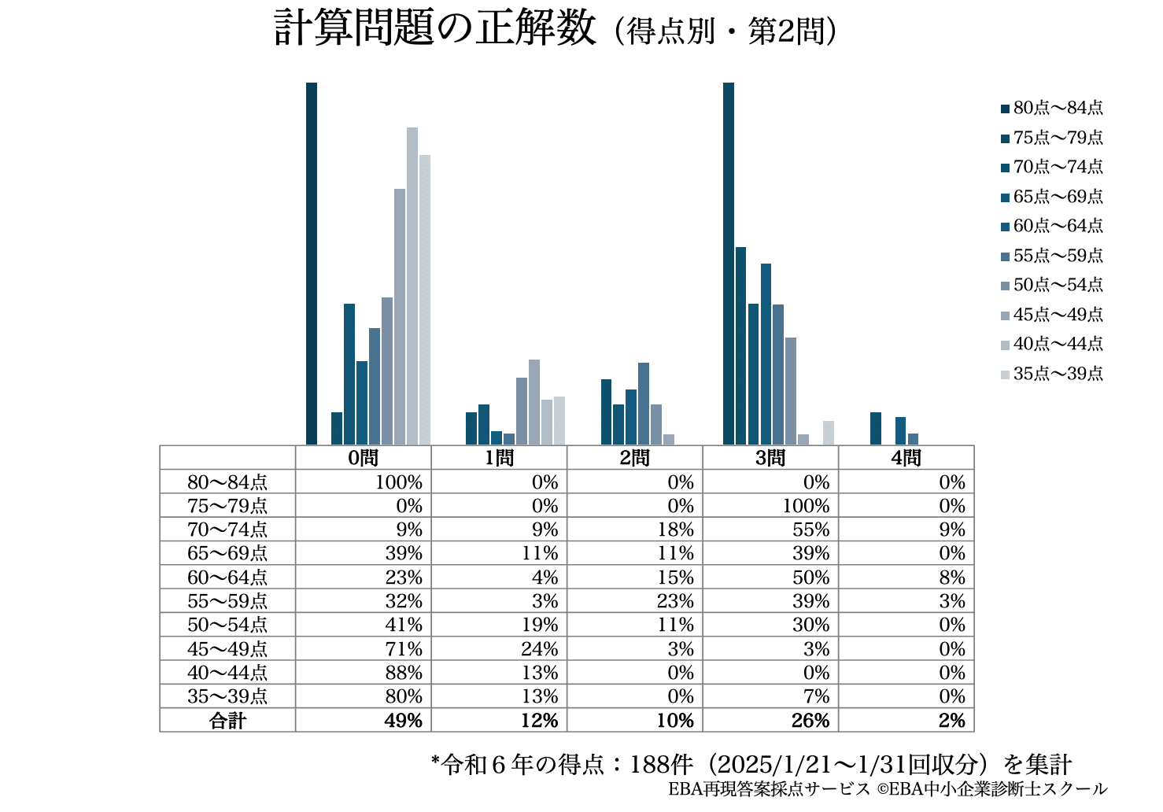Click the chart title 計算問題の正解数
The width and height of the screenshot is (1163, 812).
point(434,28)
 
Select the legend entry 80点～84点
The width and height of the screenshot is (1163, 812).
point(1052,108)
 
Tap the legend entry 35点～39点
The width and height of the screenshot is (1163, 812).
point(1052,374)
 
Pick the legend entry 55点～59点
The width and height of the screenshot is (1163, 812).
point(1052,256)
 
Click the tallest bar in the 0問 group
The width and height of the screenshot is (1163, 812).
point(312,264)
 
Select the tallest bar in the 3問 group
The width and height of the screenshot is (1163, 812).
point(729,264)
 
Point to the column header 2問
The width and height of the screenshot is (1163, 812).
point(634,458)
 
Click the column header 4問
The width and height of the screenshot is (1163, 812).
point(906,458)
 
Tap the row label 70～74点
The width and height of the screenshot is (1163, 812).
point(227,530)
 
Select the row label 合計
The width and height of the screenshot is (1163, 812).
point(227,721)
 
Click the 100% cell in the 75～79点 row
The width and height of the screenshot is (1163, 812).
point(807,506)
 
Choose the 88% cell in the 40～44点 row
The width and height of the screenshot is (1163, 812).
point(404,673)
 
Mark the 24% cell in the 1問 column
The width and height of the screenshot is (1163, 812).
point(540,649)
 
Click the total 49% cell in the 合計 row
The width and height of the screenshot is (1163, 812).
point(403,721)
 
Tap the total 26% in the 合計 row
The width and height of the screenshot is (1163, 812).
point(810,721)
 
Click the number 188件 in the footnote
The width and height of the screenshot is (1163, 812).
point(661,765)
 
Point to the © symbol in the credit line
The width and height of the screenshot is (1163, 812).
point(882,789)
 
